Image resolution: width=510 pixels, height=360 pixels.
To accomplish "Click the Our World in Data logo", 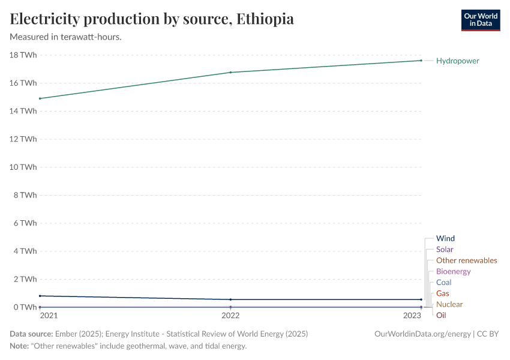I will pos(480,20).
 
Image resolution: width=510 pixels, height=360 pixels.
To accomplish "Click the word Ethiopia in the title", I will pos(265,19).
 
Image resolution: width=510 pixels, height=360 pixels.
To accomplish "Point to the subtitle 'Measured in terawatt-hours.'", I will pos(66,37).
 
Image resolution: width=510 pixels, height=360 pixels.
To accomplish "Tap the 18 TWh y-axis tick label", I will pos(23,55).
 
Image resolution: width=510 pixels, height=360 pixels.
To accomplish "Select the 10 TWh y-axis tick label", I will pos(23,167).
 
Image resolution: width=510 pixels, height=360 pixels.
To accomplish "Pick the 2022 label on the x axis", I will pos(230,316).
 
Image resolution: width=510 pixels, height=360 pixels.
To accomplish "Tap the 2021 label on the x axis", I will pos(49,316).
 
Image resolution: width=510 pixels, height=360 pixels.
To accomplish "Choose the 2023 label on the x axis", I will pos(412,316).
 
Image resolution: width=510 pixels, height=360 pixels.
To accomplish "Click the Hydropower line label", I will pos(457,61).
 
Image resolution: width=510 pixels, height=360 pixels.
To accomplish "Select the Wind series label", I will pos(445,238).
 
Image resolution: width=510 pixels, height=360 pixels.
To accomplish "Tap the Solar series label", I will pos(445,249).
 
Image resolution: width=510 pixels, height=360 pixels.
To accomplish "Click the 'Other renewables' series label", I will pos(466,260).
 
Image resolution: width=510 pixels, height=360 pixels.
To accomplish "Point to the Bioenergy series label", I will pos(453,271).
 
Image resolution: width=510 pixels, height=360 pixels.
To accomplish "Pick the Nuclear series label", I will pos(449,304).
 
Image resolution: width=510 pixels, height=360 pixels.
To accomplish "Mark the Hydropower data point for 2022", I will pos(230,73).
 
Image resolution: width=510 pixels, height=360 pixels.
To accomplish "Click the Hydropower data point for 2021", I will pos(40,98).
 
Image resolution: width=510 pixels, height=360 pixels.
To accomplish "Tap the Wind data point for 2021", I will pos(40,296).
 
